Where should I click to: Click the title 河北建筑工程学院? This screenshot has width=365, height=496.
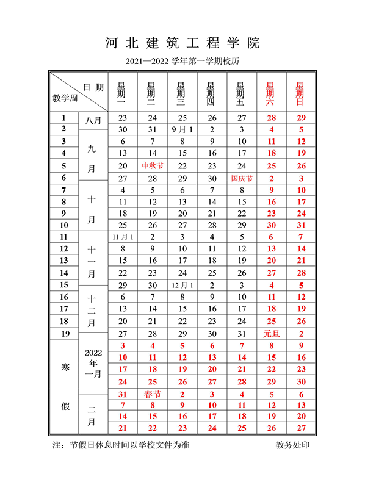click(x=182, y=43)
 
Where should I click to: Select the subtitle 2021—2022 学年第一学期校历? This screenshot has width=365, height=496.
click(x=182, y=62)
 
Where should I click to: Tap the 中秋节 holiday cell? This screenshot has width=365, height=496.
click(x=153, y=165)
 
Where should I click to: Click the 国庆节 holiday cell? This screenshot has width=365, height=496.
click(x=242, y=179)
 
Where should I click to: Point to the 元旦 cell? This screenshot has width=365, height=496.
click(x=271, y=334)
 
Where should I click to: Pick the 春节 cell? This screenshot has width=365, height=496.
click(x=153, y=394)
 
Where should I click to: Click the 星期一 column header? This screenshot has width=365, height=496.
click(x=122, y=95)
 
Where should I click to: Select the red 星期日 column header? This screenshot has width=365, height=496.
click(x=300, y=95)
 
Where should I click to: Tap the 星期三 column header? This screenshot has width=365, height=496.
click(x=182, y=95)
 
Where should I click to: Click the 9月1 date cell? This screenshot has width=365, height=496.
click(x=182, y=129)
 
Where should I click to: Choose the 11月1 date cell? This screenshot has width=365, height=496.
click(x=122, y=236)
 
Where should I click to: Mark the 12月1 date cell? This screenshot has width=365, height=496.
click(x=182, y=285)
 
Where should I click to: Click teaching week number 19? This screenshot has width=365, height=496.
click(x=63, y=334)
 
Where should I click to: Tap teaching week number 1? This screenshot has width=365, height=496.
click(x=63, y=117)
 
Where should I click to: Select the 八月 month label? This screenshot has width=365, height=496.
click(x=93, y=123)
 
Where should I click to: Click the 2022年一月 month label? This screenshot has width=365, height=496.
click(x=93, y=364)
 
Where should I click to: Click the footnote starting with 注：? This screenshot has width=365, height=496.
click(x=121, y=445)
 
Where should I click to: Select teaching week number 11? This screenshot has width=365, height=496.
click(x=63, y=236)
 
